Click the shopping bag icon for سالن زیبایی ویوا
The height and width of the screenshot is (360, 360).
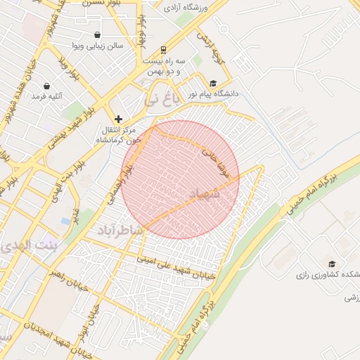(96, 34)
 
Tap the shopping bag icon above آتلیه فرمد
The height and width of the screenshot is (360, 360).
(47, 86)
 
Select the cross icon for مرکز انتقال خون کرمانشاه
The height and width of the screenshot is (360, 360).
(118, 119)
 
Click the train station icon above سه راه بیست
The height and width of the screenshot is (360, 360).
(163, 50)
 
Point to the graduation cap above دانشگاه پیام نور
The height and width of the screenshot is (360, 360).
(213, 82)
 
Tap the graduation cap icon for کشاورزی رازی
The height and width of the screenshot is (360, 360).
(332, 264)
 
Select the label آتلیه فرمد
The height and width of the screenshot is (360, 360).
(48, 96)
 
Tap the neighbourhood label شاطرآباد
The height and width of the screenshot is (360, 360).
(119, 231)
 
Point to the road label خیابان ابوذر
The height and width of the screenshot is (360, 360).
(88, 320)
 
